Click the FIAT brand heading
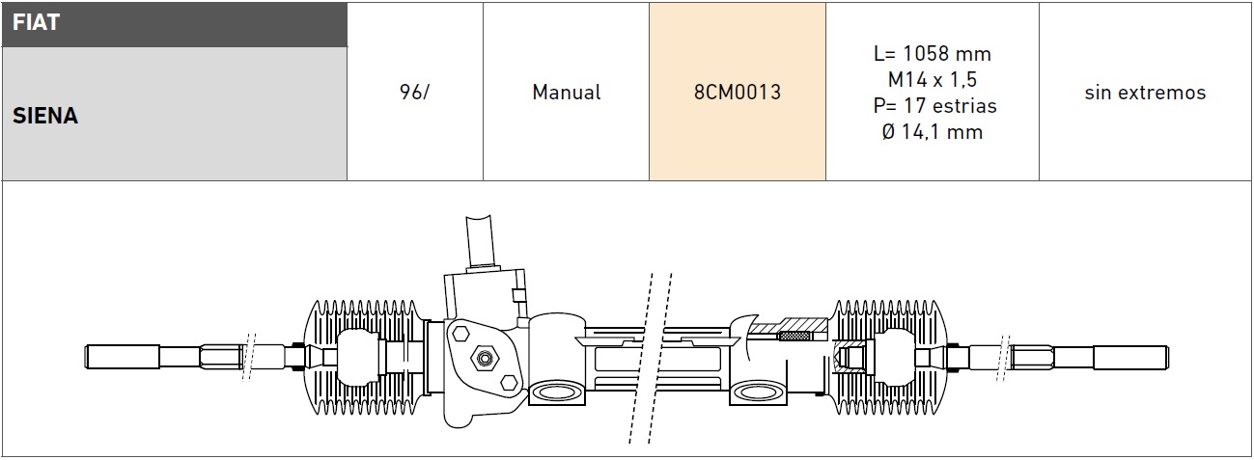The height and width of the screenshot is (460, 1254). (37, 23)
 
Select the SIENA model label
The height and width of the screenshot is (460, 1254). (45, 116)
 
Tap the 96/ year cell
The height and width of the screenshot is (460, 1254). (414, 93)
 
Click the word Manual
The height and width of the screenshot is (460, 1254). (566, 93)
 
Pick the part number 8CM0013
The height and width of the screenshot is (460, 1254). (737, 93)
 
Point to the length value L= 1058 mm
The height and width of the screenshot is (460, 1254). (932, 54)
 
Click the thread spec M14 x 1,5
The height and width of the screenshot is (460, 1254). (932, 80)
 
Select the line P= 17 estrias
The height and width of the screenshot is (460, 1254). (932, 106)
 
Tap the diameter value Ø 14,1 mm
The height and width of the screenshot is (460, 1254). (932, 132)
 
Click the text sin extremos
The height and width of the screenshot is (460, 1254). (1145, 93)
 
